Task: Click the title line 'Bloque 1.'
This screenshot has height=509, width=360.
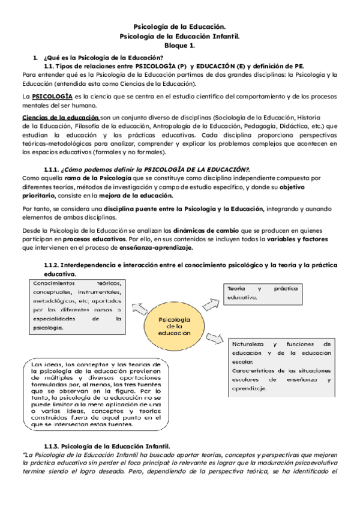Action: point(179,45)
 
